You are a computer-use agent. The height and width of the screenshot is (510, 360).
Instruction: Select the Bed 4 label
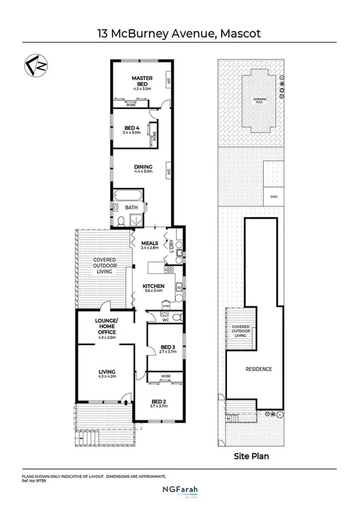(133, 128)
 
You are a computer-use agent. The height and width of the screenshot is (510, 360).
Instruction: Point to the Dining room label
(143, 168)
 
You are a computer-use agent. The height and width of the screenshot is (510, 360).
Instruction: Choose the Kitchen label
(154, 287)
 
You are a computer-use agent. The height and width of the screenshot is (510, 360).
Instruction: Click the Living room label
(108, 372)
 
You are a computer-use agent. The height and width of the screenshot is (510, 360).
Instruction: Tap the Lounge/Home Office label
(108, 328)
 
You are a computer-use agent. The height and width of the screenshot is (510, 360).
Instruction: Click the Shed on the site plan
(274, 197)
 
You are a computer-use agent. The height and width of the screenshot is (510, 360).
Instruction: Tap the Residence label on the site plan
(258, 369)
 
